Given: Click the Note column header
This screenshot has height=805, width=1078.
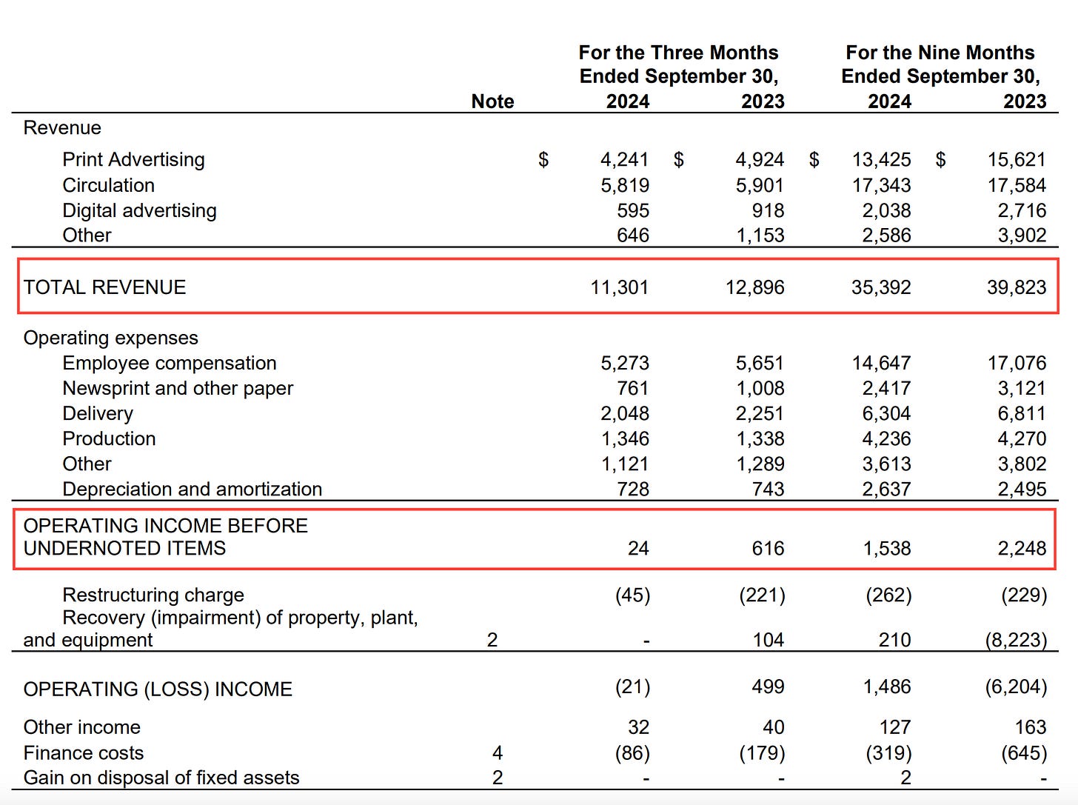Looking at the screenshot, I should [492, 101].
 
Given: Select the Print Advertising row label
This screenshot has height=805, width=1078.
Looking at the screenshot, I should [133, 159].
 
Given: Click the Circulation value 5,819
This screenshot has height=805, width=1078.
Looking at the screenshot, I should [624, 185].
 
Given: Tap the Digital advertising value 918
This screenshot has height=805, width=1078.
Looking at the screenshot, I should [768, 210].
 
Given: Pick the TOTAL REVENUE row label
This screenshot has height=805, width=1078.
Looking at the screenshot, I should [104, 287].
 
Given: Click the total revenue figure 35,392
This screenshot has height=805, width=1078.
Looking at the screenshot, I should [880, 287].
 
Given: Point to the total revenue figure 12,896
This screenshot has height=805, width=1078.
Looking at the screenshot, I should [754, 287].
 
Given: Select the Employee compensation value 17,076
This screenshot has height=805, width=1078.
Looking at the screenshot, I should [1016, 363].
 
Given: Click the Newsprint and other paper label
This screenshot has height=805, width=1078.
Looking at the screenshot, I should [178, 388].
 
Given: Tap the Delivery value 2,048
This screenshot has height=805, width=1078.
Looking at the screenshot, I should [624, 413].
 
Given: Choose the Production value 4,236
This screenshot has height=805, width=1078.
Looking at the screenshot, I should [886, 438].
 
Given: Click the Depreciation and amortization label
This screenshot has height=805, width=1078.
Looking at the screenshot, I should [192, 489].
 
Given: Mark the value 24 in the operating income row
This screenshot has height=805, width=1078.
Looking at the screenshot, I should [637, 548].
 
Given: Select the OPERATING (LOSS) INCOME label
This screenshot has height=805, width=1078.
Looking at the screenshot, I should [158, 689].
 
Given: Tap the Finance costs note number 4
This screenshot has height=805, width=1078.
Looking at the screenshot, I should [497, 752].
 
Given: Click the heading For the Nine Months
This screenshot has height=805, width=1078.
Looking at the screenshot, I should [940, 53].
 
